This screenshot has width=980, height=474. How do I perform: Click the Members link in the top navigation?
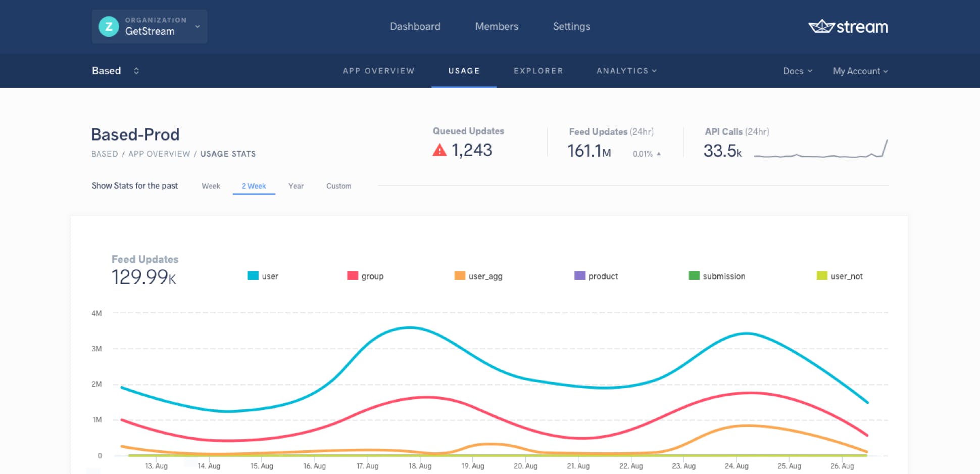[496, 26]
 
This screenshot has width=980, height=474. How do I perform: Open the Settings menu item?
[571, 26]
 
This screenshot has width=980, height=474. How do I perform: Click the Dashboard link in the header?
[415, 26]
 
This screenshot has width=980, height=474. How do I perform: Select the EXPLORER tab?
[538, 71]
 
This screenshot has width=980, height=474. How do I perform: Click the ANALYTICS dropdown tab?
[626, 71]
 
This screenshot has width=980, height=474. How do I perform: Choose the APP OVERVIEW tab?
[378, 71]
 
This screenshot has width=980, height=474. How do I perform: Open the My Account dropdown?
[860, 71]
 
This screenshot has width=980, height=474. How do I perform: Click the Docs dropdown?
[797, 71]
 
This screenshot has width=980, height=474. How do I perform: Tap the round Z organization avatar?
[109, 26]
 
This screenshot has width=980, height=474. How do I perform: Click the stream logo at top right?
[848, 26]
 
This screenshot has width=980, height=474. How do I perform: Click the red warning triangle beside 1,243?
[439, 150]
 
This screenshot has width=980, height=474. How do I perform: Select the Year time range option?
[296, 186]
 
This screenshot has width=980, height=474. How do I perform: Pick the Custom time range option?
[338, 186]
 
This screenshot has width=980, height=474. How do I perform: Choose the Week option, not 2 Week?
[211, 186]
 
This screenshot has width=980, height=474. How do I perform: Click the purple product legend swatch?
[579, 275]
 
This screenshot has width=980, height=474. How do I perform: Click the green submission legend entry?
[717, 276]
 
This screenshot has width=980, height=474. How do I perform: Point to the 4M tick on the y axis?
[96, 313]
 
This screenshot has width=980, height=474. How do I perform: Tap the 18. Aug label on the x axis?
[420, 466]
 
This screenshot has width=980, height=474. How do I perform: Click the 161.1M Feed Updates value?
[589, 151]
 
